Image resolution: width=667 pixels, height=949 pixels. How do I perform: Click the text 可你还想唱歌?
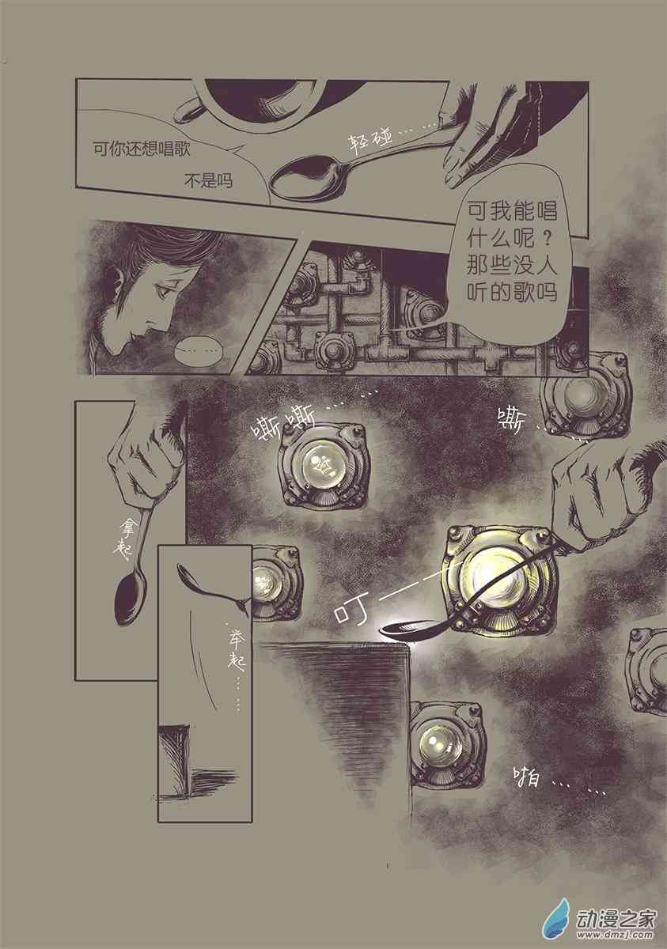coord(142,147)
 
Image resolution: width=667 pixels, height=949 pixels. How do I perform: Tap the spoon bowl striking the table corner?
coord(408,630)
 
